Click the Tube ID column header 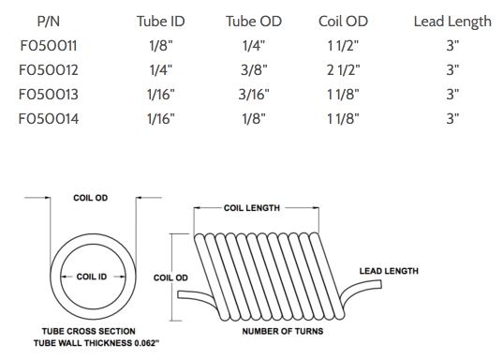coord(161,22)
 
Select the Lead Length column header coord(452,22)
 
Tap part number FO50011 coord(49,46)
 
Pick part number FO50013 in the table coord(49,95)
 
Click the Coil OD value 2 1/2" coord(343,70)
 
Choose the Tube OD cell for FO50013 coord(254,95)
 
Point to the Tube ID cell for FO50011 coord(161,46)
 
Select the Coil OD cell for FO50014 coord(343,119)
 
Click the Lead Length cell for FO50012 coord(452,70)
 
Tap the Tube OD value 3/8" coord(254,70)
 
